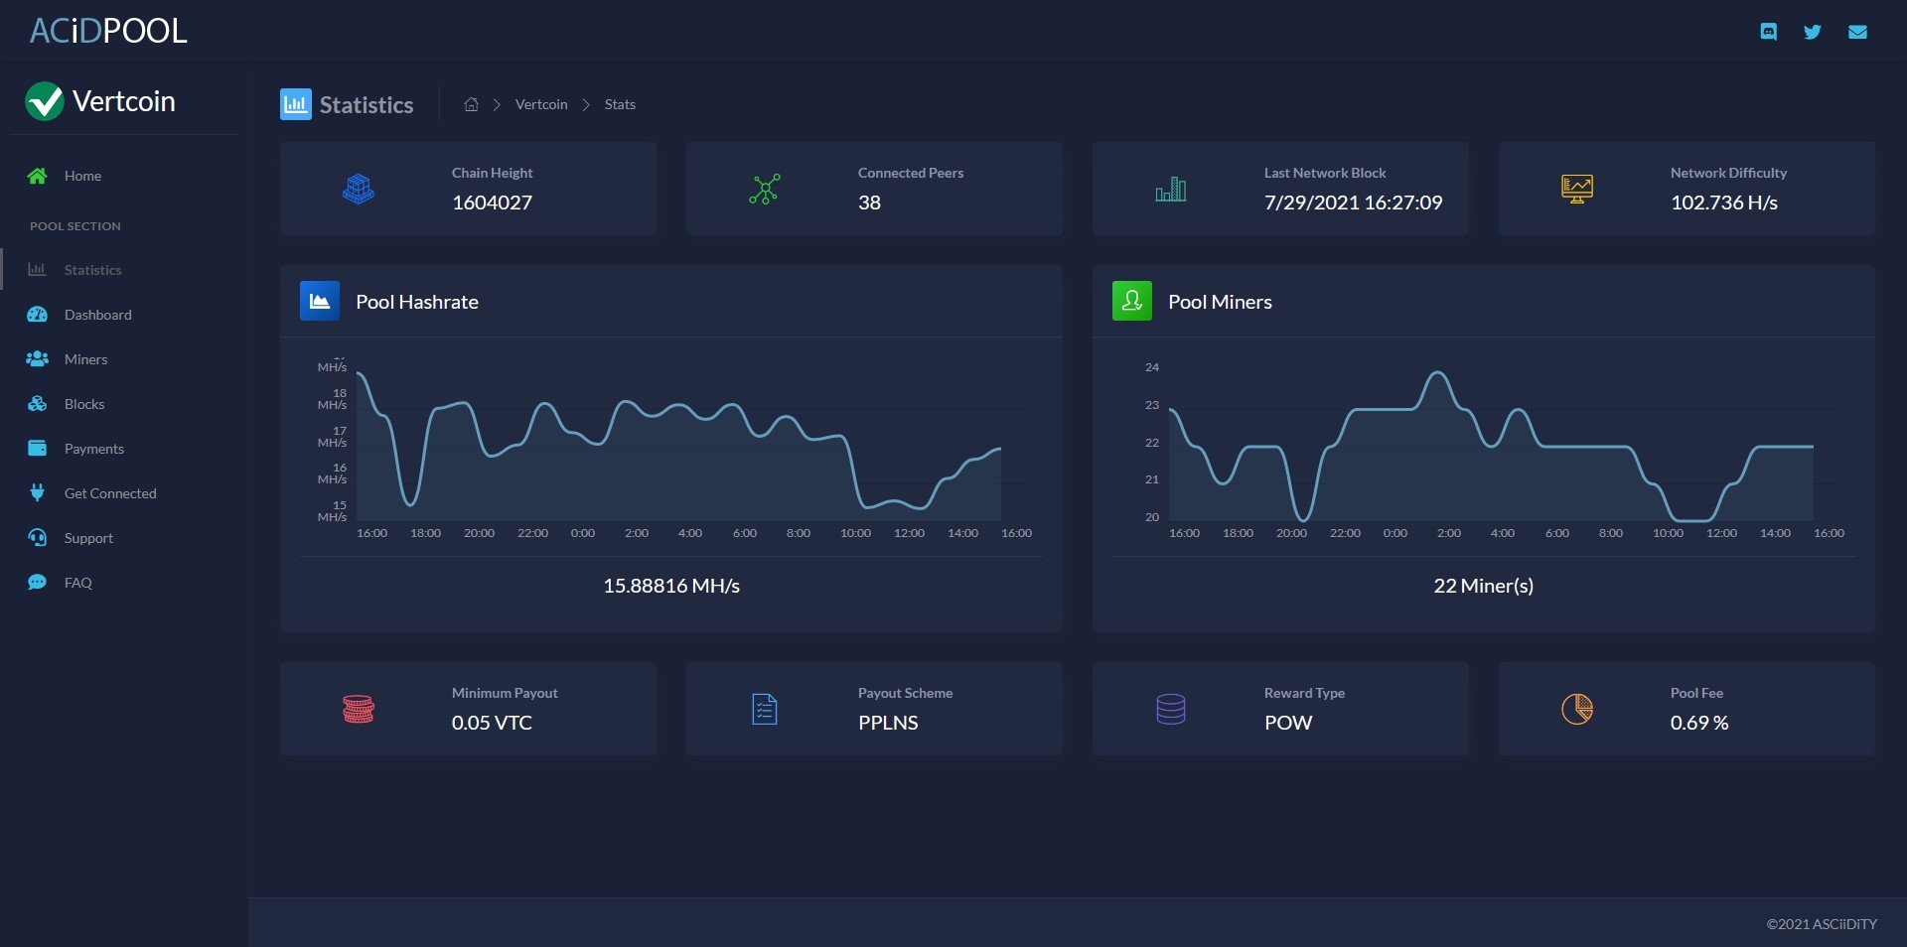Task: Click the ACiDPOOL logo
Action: point(108,31)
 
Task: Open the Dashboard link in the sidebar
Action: point(97,315)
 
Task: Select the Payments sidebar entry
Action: point(94,449)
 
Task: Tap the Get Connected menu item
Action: point(110,493)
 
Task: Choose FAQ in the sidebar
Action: point(77,583)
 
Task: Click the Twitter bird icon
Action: point(1813,32)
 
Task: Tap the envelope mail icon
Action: point(1857,32)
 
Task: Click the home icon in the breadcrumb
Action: point(471,104)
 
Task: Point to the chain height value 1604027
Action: point(492,203)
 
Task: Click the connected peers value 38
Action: point(869,203)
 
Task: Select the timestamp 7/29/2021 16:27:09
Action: point(1353,203)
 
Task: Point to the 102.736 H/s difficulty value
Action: point(1723,203)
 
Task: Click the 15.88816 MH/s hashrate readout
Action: point(671,586)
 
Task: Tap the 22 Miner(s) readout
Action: point(1483,586)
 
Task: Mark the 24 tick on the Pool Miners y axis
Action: point(1152,367)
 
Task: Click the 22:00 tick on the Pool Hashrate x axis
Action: point(532,533)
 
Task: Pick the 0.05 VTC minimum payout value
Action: point(492,723)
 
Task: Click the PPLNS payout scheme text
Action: point(888,723)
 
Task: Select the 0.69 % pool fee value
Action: point(1699,723)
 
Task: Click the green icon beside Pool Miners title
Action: point(1131,301)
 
